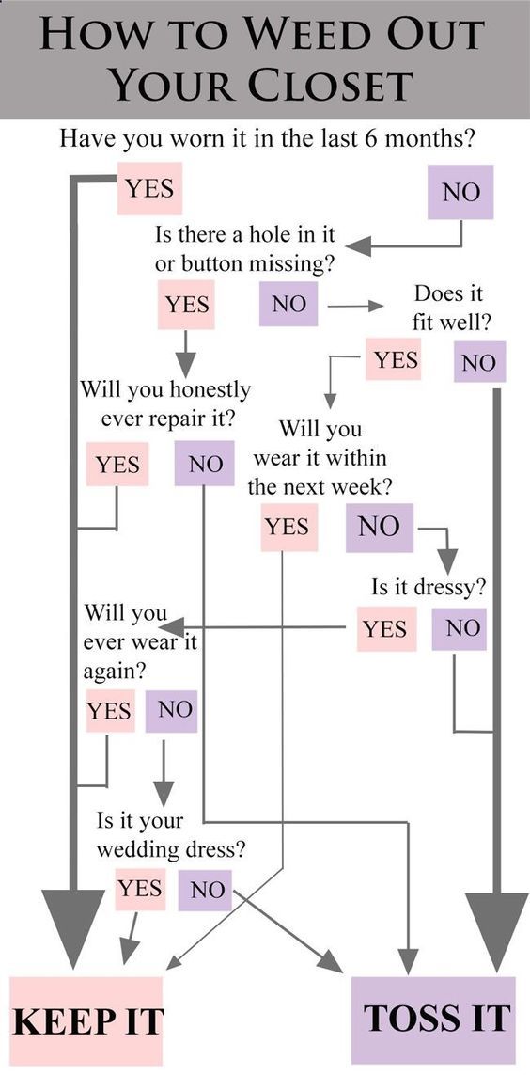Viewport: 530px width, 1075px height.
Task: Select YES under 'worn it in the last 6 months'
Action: pos(150,188)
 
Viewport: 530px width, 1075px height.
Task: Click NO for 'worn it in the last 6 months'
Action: pos(460,192)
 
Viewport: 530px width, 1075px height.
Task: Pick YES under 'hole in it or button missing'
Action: pos(186,304)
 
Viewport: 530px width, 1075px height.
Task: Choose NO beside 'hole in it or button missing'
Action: pos(288,304)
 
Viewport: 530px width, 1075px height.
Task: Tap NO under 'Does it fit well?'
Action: pos(479,362)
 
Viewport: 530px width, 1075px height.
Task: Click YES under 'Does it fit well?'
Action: pos(393,359)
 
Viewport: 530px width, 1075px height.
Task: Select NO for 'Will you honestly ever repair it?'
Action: pos(204,465)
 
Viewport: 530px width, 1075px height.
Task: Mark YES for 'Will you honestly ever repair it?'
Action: pos(117,465)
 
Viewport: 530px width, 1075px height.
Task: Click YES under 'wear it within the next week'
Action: pos(289,528)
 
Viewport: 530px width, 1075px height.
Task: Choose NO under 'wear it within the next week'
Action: pos(380,528)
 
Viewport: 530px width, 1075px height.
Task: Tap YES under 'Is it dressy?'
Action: pos(386,628)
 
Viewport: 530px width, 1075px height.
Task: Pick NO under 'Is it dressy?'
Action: pos(459,628)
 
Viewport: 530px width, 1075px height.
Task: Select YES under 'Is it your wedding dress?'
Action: pos(140,889)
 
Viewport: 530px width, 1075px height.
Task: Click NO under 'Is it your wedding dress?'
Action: pos(206,891)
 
